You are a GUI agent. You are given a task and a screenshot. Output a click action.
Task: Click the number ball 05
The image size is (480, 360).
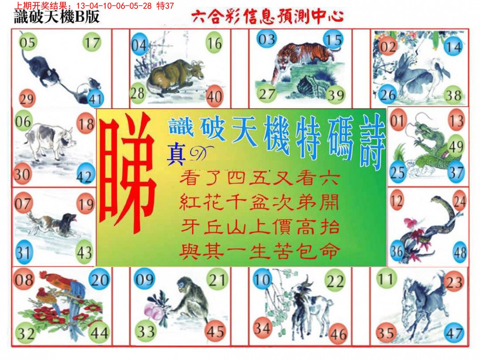pyautogui.click(x=27, y=43)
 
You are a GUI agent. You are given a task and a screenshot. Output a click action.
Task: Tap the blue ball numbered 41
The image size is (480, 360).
pyautogui.click(x=95, y=98)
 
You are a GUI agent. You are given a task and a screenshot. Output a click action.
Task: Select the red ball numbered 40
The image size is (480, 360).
pyautogui.click(x=215, y=96)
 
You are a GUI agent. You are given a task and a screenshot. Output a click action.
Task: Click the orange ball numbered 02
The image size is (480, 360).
pyautogui.click(x=388, y=47)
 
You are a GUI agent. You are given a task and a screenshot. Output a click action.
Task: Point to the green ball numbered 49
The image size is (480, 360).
pyautogui.click(x=456, y=146)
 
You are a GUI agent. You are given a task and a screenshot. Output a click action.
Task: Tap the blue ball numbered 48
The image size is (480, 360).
pyautogui.click(x=460, y=253)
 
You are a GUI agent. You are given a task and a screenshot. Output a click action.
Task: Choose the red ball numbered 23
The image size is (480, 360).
pyautogui.click(x=454, y=281)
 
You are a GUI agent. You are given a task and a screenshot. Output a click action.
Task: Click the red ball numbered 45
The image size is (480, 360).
pyautogui.click(x=215, y=332)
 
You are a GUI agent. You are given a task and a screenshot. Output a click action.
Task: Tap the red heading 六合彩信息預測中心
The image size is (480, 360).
pyautogui.click(x=268, y=17)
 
